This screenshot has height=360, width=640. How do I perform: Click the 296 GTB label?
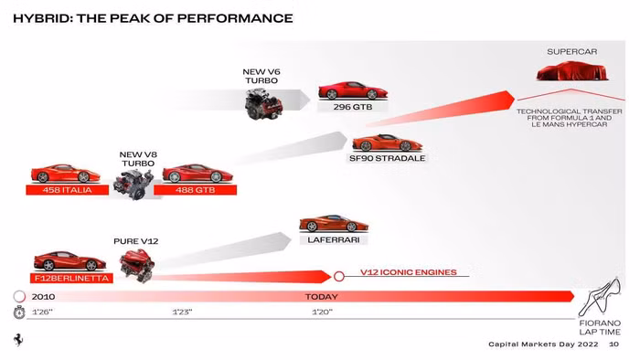point(352,106)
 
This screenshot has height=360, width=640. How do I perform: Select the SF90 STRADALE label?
point(388,158)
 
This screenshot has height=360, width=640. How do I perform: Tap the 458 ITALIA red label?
point(68,190)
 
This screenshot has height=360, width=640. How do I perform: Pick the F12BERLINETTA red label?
point(71,278)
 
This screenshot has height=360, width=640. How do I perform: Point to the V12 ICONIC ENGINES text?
point(407,272)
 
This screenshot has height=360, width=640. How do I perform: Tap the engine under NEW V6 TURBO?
point(266,103)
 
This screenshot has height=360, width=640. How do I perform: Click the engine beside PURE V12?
point(138,264)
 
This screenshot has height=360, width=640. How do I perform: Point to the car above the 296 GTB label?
point(352,90)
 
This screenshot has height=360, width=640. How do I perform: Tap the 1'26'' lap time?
point(42,312)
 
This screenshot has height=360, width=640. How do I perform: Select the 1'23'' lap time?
point(182,312)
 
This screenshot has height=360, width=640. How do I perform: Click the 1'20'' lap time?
point(322,312)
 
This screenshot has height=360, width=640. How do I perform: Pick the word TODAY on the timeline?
point(321,296)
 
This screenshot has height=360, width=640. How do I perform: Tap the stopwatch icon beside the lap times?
point(18,312)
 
